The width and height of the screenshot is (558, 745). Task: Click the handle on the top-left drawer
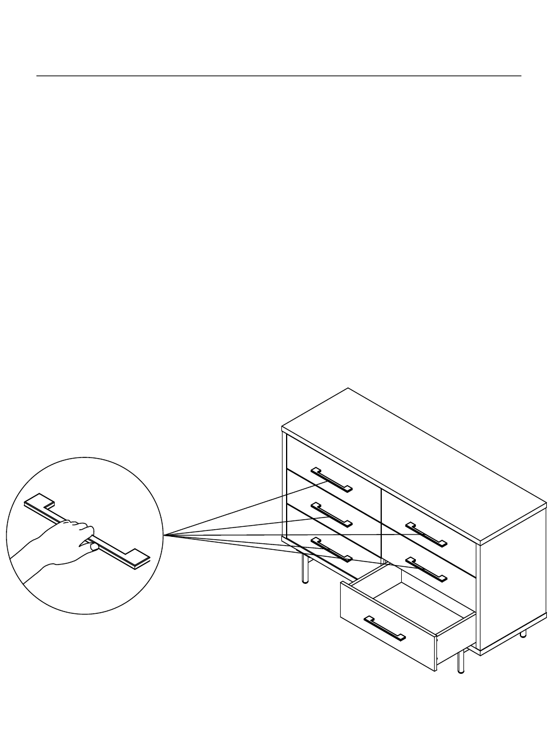coord(331,479)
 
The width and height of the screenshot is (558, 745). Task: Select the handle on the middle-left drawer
coord(331,515)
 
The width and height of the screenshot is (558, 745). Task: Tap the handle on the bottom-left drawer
coord(331,549)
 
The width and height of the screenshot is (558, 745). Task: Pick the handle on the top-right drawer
coord(426,534)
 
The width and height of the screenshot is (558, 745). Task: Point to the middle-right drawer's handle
coord(426,568)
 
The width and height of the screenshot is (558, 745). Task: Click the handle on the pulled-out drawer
coord(385,628)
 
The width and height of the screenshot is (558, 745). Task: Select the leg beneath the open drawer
coord(461,662)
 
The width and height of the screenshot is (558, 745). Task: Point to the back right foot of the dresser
coord(523,634)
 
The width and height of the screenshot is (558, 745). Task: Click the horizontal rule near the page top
coord(279,76)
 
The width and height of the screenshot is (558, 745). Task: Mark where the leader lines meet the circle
coord(163,534)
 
